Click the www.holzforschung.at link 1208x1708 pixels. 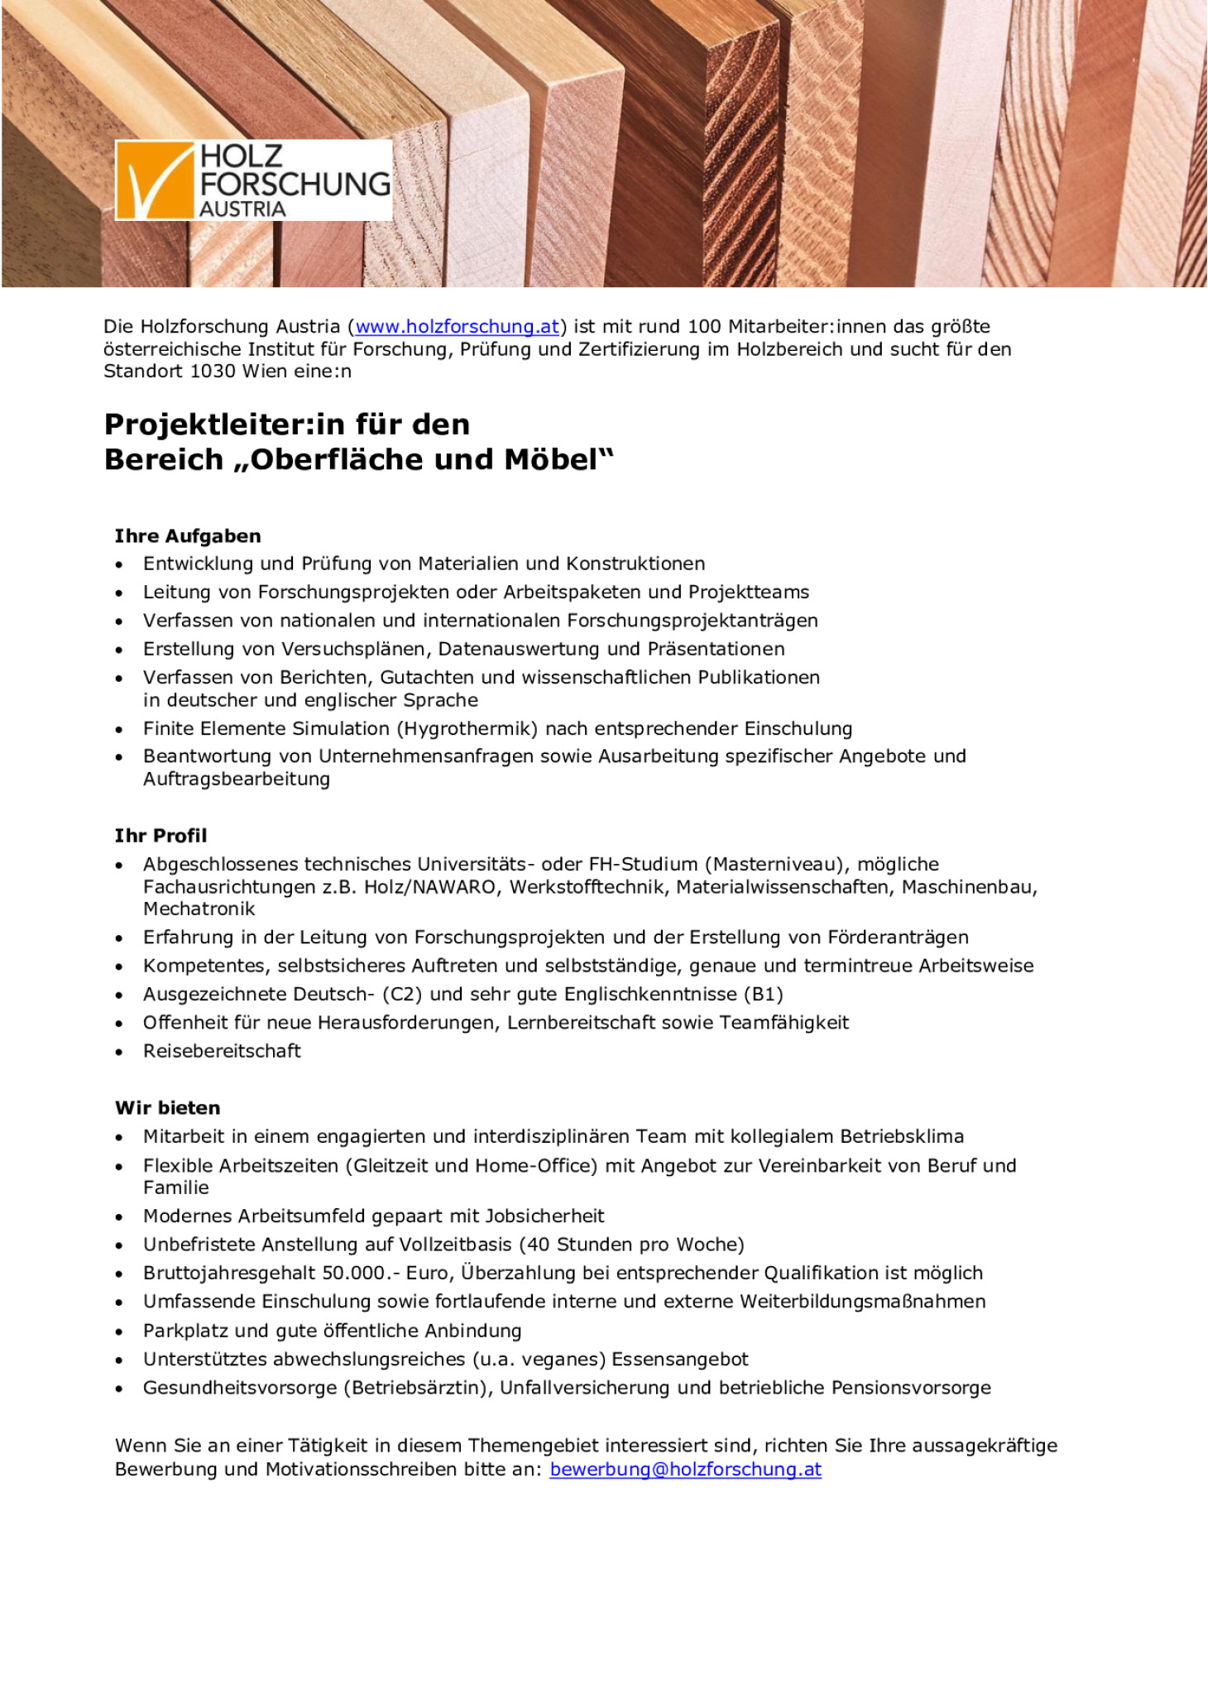(457, 327)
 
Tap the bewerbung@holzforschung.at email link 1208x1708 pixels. (685, 1469)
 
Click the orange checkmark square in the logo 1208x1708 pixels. (155, 180)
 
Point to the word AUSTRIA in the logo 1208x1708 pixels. (242, 209)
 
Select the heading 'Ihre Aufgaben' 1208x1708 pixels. (188, 536)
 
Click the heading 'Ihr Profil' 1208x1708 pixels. (161, 836)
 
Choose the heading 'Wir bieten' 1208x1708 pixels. (168, 1108)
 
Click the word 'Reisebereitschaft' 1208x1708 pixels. (222, 1051)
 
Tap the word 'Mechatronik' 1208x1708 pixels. (199, 909)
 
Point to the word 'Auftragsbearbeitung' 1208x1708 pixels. (236, 779)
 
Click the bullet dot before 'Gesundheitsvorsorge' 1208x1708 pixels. (120, 1389)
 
